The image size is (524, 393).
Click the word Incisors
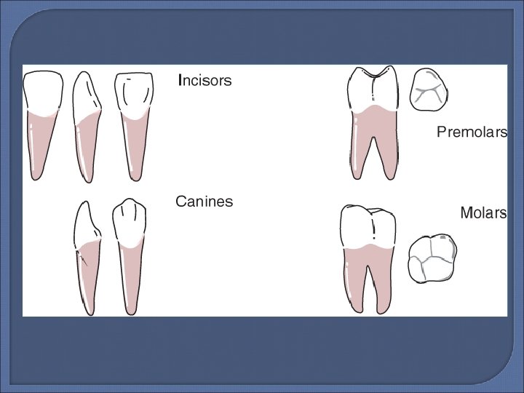[205, 81]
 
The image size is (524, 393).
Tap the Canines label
[204, 202]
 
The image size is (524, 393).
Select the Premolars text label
[472, 132]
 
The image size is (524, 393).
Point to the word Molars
[483, 213]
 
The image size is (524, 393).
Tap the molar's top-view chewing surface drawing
[432, 258]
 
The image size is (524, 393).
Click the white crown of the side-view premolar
[373, 90]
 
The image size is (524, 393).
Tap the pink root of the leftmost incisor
[38, 146]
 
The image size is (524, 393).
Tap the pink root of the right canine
[130, 280]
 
